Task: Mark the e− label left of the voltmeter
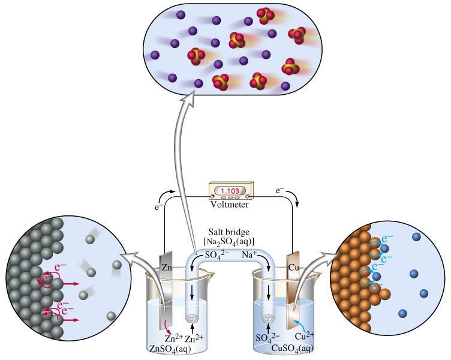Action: [157, 208]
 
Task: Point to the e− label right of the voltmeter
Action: [280, 191]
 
